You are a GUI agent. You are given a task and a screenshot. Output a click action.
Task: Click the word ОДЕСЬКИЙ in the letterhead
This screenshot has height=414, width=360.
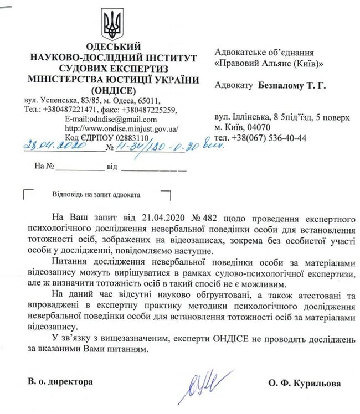tap(110, 46)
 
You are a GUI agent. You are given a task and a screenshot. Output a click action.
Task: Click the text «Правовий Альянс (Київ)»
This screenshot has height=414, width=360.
tap(269, 63)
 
